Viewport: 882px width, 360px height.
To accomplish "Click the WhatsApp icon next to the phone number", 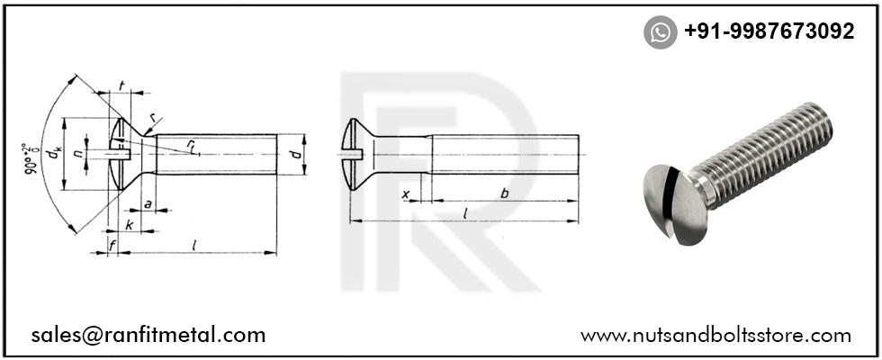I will (660, 32).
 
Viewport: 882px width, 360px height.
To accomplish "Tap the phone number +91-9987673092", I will (769, 31).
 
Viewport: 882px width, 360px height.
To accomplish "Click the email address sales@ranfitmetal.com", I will (148, 336).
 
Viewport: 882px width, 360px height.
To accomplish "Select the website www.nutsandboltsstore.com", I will (715, 336).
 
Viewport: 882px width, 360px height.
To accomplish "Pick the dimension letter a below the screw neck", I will (147, 203).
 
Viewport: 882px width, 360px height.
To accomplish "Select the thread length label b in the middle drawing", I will (504, 192).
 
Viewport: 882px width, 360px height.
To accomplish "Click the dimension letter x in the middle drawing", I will (405, 193).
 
